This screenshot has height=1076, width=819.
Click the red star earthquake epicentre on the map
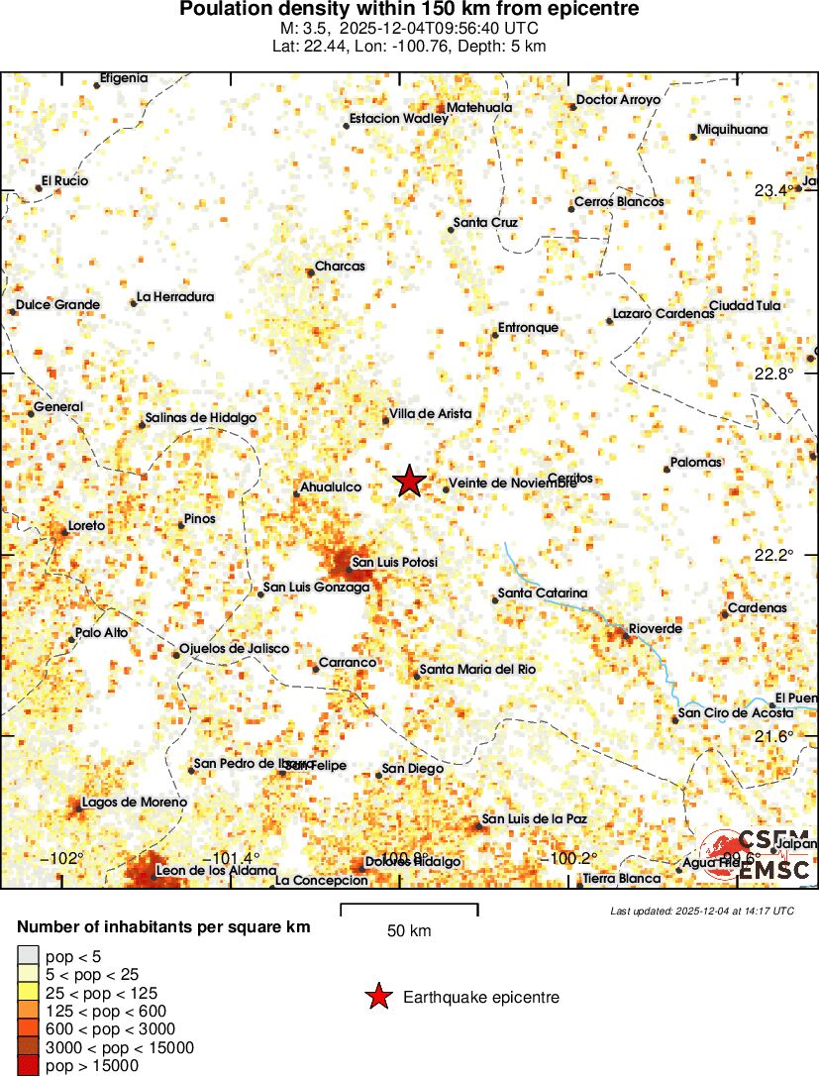[409, 482]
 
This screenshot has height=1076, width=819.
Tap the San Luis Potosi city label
[394, 563]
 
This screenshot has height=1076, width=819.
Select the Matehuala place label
[479, 107]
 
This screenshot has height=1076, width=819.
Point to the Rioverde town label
[655, 629]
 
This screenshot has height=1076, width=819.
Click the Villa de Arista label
[431, 413]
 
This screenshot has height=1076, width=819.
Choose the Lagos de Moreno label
[134, 803]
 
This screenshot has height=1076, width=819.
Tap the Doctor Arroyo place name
[618, 100]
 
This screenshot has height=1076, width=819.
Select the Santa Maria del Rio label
[477, 670]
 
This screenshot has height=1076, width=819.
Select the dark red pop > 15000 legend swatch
[29, 1066]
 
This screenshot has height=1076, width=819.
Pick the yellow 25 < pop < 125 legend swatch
[29, 993]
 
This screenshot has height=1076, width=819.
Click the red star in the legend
[377, 997]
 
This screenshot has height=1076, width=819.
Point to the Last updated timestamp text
[702, 911]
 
